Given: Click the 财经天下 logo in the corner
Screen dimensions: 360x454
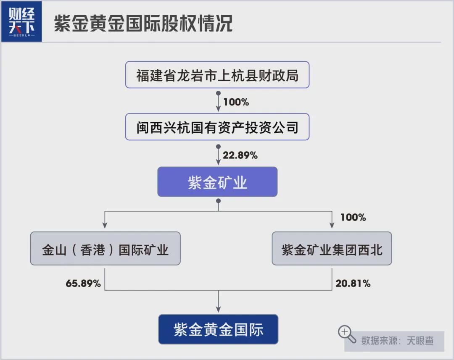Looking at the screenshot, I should (21, 21).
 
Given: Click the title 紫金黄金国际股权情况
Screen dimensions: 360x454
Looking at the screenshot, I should (143, 24).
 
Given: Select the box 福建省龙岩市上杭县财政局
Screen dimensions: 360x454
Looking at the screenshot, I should (217, 75).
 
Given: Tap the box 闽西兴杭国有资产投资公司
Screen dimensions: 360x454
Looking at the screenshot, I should (217, 127).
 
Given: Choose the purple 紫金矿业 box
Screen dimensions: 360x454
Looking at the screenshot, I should (217, 182).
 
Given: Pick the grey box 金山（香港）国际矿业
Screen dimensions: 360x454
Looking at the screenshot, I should (105, 249).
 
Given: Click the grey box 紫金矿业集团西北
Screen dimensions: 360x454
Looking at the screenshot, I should (332, 249).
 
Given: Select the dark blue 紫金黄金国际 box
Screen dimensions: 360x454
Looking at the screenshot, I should (218, 329).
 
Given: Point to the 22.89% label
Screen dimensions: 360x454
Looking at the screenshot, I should (240, 155).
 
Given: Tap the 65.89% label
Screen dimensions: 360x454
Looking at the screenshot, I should (83, 284).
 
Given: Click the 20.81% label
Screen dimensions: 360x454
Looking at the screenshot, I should (353, 284).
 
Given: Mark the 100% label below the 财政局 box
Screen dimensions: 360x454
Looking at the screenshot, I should (236, 102).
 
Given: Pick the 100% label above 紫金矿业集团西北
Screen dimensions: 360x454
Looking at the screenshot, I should (353, 217).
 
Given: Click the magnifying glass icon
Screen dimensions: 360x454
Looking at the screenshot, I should (347, 334).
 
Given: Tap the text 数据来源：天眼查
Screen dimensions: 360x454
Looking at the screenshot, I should (397, 340).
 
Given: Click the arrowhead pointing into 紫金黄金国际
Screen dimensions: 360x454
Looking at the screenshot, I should (218, 310).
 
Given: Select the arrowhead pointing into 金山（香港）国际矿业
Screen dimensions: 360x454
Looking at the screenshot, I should (105, 226).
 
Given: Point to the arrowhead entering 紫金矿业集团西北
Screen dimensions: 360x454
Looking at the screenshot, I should (332, 226).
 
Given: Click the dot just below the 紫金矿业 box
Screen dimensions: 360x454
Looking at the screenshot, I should (218, 201).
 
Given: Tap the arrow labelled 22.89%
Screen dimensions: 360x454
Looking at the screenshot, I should (218, 155).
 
